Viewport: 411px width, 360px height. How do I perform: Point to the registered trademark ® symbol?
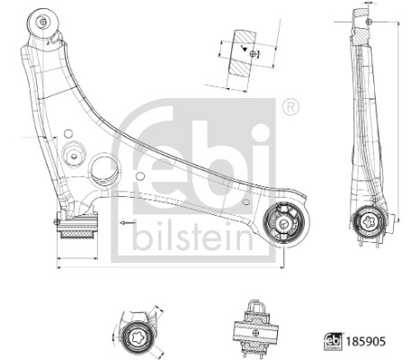[x=290, y=107]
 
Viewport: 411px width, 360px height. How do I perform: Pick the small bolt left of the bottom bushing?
[x=58, y=220]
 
